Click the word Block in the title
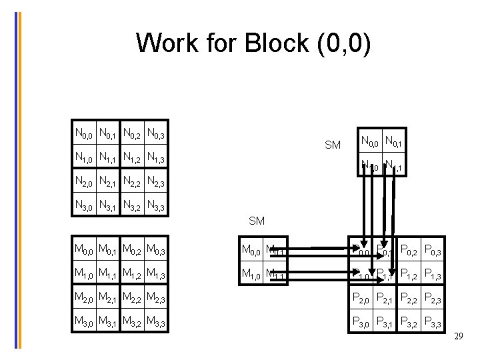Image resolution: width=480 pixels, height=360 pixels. [273, 43]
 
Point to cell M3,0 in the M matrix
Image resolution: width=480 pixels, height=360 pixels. [84, 323]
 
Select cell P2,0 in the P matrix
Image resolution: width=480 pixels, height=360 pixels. [364, 299]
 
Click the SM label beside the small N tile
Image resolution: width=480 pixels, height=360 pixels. [332, 145]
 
